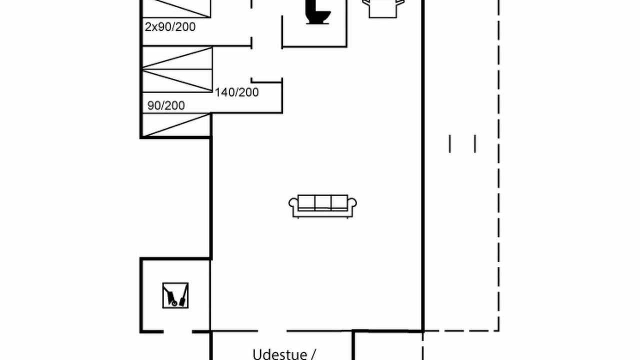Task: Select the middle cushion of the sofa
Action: (x=323, y=203)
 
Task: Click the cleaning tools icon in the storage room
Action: (x=175, y=295)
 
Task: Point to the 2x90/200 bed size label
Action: (x=170, y=27)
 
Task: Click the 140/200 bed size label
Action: (x=236, y=92)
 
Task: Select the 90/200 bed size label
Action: (x=166, y=105)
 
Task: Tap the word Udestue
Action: (x=279, y=354)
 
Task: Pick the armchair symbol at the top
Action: (x=383, y=8)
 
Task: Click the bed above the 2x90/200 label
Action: (x=176, y=8)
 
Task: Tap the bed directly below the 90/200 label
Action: (x=176, y=125)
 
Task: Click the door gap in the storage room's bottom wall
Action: (x=177, y=331)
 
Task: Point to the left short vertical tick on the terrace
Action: (x=449, y=143)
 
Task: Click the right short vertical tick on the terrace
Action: (x=475, y=143)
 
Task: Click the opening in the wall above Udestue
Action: (x=272, y=331)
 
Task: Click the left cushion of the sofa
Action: (x=306, y=203)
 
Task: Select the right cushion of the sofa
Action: (x=339, y=203)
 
